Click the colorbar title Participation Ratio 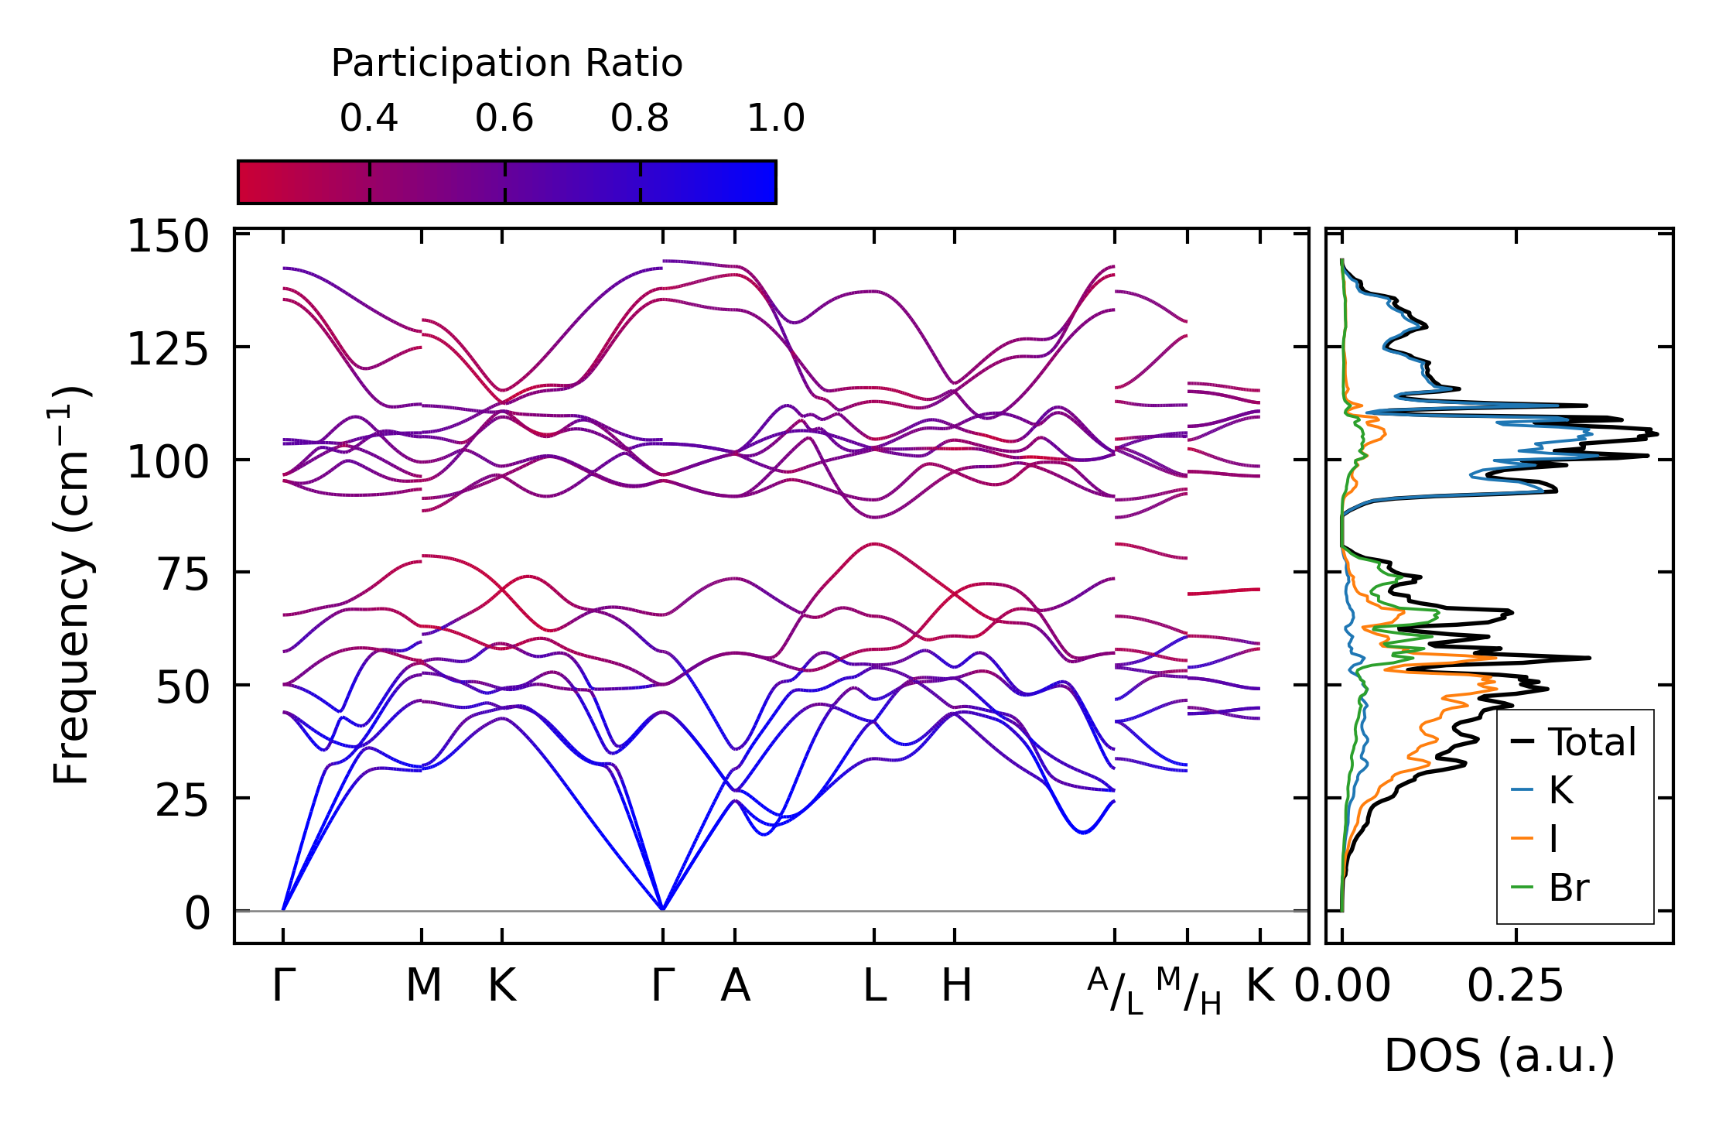[507, 63]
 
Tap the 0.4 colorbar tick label [369, 118]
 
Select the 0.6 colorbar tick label [504, 118]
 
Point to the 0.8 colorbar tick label [640, 118]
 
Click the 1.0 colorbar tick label [776, 118]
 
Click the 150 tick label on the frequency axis [168, 237]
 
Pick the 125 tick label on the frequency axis [168, 350]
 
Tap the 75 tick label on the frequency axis [183, 575]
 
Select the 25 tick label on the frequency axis [183, 801]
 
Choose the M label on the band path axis [423, 986]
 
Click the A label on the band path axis [735, 986]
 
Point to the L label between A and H [874, 986]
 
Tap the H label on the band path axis [956, 986]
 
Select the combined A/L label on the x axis [1115, 991]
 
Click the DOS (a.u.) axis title [1499, 1056]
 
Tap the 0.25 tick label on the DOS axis [1516, 986]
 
